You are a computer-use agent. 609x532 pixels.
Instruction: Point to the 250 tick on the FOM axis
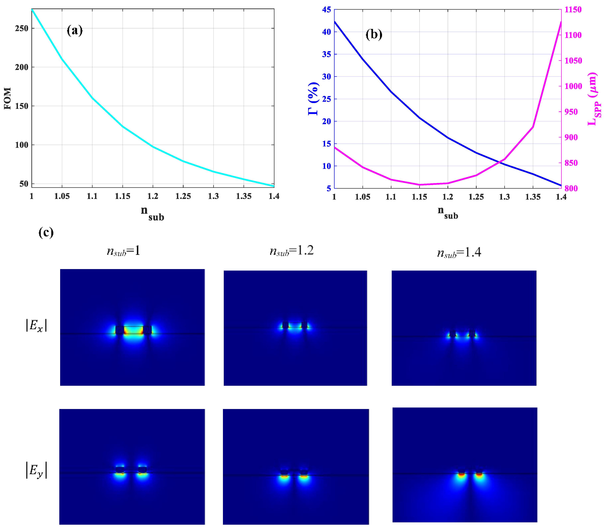coord(21,28)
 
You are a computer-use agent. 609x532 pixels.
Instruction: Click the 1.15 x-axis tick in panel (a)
coord(123,196)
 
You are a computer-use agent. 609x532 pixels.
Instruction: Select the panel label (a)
coord(74,30)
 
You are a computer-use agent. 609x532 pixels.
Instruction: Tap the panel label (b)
coord(374,34)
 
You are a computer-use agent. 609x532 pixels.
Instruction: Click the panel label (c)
coord(46,232)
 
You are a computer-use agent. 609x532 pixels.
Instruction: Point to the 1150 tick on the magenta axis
coord(573,10)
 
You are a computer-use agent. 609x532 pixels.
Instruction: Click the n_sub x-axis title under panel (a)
coord(152,213)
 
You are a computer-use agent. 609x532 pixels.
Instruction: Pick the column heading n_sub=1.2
coord(291,251)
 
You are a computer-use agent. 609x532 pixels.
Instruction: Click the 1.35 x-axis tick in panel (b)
coord(533,197)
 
